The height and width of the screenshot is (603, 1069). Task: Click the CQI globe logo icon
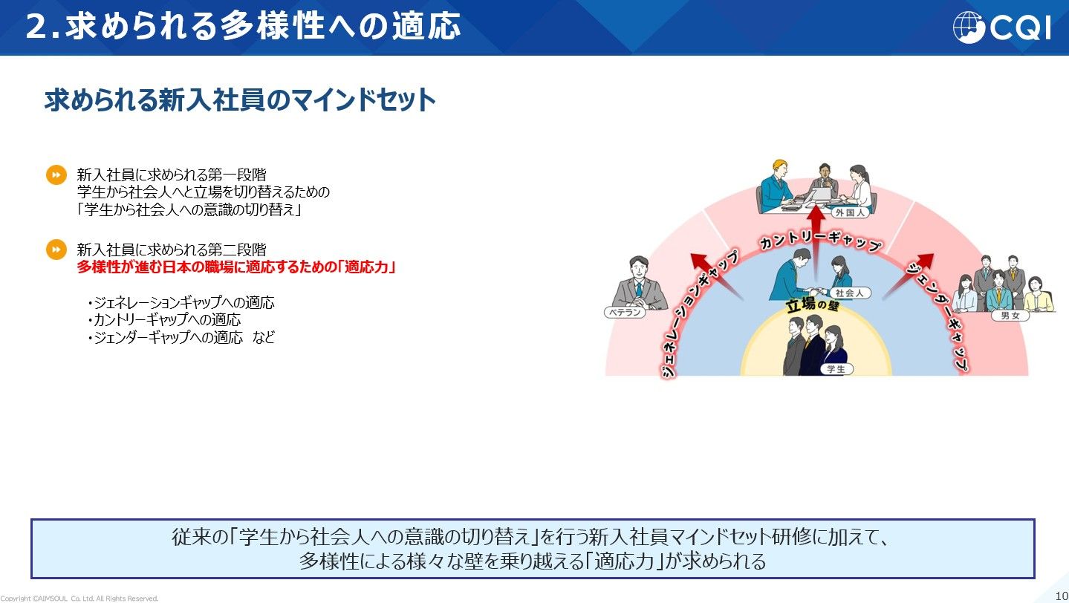click(969, 27)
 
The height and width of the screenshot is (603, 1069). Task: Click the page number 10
click(1062, 596)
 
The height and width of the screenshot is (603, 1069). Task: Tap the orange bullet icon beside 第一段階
click(56, 175)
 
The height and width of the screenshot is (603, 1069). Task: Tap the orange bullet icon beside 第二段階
click(56, 250)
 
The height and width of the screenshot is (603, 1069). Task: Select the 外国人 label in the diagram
click(850, 213)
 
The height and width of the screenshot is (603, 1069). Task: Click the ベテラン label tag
click(625, 313)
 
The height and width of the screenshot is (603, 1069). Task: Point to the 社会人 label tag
click(850, 293)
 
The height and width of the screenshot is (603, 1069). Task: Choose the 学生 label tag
click(836, 369)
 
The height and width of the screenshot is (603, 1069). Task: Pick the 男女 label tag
click(1010, 316)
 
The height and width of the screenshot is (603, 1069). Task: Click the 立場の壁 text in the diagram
click(813, 304)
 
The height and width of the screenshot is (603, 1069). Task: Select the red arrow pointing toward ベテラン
click(716, 276)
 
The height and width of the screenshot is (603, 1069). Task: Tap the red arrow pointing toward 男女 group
click(909, 276)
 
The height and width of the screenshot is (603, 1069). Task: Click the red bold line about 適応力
click(236, 267)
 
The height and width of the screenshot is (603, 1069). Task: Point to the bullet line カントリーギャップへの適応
click(164, 319)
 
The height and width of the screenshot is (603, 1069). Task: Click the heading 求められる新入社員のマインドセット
click(240, 100)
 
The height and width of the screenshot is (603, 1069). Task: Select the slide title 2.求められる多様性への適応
click(244, 26)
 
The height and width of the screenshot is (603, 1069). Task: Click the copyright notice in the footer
click(79, 599)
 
